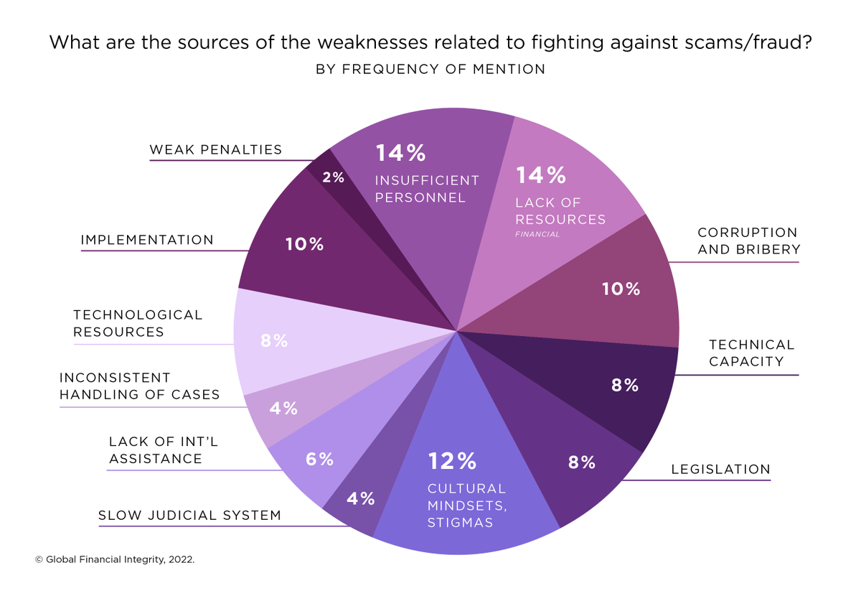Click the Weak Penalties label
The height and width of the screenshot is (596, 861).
click(215, 150)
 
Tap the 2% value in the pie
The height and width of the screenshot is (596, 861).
click(333, 177)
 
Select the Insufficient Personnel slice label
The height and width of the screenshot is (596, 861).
click(426, 189)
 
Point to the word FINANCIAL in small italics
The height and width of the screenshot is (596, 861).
click(537, 234)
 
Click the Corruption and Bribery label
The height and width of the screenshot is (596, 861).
click(747, 241)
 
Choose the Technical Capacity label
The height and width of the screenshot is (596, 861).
click(751, 353)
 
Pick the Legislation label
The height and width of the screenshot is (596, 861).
click(720, 470)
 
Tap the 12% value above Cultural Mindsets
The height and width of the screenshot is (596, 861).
click(451, 460)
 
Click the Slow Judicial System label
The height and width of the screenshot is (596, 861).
click(189, 516)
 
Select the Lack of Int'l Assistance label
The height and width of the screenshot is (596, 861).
click(163, 450)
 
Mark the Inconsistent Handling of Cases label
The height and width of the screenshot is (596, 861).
click(139, 386)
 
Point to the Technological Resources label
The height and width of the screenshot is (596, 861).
click(138, 323)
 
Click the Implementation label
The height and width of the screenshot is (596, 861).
click(147, 240)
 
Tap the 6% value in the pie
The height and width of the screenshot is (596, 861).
click(319, 460)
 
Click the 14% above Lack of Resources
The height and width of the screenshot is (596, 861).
click(540, 175)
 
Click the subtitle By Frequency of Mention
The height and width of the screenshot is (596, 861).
click(430, 70)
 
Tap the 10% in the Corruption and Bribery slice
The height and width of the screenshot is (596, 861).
click(621, 289)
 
